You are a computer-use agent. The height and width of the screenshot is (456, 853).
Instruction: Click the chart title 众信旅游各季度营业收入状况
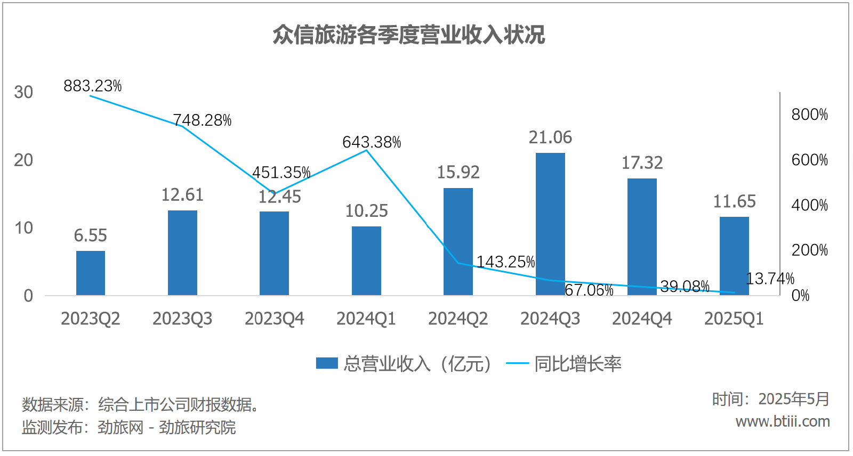point(408,35)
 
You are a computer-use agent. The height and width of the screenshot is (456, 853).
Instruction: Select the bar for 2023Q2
point(91,273)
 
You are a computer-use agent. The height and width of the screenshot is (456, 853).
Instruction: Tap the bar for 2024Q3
point(550,224)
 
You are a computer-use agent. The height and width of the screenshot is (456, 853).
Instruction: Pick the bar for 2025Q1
point(734,256)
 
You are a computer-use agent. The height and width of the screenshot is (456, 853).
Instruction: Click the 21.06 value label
point(550,137)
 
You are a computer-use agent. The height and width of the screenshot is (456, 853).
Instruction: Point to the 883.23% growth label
point(93,86)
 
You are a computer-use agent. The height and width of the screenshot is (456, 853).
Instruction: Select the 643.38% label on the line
point(372,142)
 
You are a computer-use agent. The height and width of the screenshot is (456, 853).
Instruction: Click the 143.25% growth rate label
point(505,262)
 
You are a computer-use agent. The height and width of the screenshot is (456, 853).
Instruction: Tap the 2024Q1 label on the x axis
point(366,319)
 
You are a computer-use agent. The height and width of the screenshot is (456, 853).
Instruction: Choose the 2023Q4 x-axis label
point(274,319)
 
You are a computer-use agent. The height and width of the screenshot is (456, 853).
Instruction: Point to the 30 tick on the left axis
point(23,92)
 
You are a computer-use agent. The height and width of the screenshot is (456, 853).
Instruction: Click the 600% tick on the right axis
point(809,160)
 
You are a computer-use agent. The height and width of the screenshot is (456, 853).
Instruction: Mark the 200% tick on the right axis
point(809,250)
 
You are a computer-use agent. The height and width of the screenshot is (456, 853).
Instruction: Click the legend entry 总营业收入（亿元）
point(404,364)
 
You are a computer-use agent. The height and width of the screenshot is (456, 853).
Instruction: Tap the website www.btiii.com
point(783,421)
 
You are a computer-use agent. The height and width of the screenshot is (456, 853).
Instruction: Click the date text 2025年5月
point(794,399)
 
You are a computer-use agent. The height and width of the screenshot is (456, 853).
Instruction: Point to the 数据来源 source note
point(141,405)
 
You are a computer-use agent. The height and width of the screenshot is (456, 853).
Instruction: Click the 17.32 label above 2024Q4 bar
point(642,162)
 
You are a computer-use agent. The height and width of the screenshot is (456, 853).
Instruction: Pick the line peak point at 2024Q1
point(366,151)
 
